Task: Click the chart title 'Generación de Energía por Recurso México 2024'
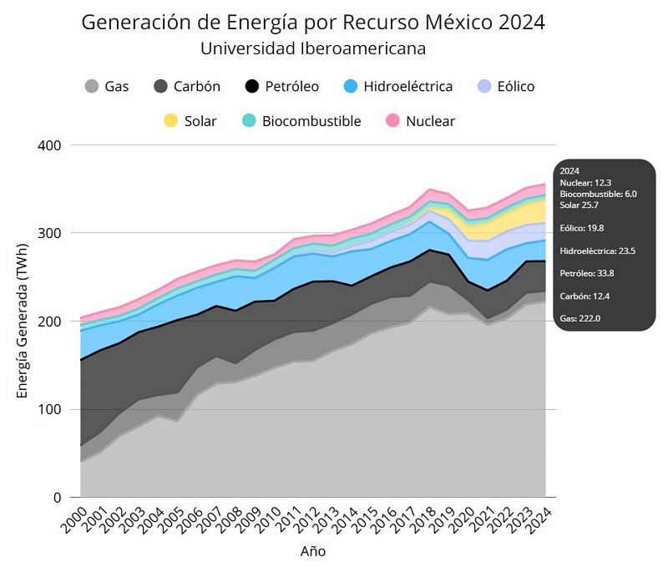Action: point(313,23)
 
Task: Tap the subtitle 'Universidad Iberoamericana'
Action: point(313,48)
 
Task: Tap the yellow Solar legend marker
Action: point(171,121)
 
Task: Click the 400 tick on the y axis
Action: point(51,145)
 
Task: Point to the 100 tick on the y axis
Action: point(51,409)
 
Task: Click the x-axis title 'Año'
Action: point(313,552)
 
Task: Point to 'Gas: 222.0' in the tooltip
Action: point(581,319)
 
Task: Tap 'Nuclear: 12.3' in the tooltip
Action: point(585,181)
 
